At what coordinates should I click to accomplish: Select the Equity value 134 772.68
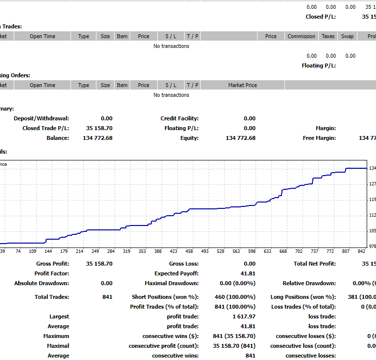click(x=240, y=138)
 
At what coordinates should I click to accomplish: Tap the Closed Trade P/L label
click(x=46, y=128)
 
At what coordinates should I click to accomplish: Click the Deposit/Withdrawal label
click(x=41, y=118)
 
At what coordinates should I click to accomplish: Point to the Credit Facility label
click(x=179, y=118)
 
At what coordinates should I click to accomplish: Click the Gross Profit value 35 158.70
click(x=99, y=264)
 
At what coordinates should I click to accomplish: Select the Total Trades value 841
click(x=107, y=297)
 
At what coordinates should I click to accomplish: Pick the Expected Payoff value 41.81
click(x=247, y=273)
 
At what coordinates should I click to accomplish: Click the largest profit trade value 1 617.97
click(x=242, y=316)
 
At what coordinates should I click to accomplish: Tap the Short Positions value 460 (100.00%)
click(x=235, y=297)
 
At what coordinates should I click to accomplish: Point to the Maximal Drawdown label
click(x=171, y=283)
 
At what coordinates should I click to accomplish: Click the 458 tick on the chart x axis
click(x=189, y=251)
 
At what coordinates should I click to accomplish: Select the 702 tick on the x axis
click(x=299, y=251)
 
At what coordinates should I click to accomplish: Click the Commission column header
click(x=302, y=36)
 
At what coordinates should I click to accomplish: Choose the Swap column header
click(x=347, y=36)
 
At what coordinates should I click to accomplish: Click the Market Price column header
click(x=242, y=85)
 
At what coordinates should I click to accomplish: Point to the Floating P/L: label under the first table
click(x=319, y=66)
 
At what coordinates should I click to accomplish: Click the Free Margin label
click(x=319, y=138)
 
